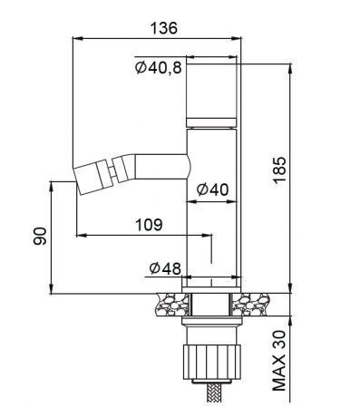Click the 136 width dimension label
(x=164, y=28)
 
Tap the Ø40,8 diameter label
(x=159, y=68)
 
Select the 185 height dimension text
(x=279, y=170)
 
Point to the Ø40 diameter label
(x=212, y=189)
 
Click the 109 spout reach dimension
(x=149, y=225)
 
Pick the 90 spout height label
(x=40, y=236)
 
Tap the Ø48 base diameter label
(x=165, y=268)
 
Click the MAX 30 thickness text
(x=278, y=360)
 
